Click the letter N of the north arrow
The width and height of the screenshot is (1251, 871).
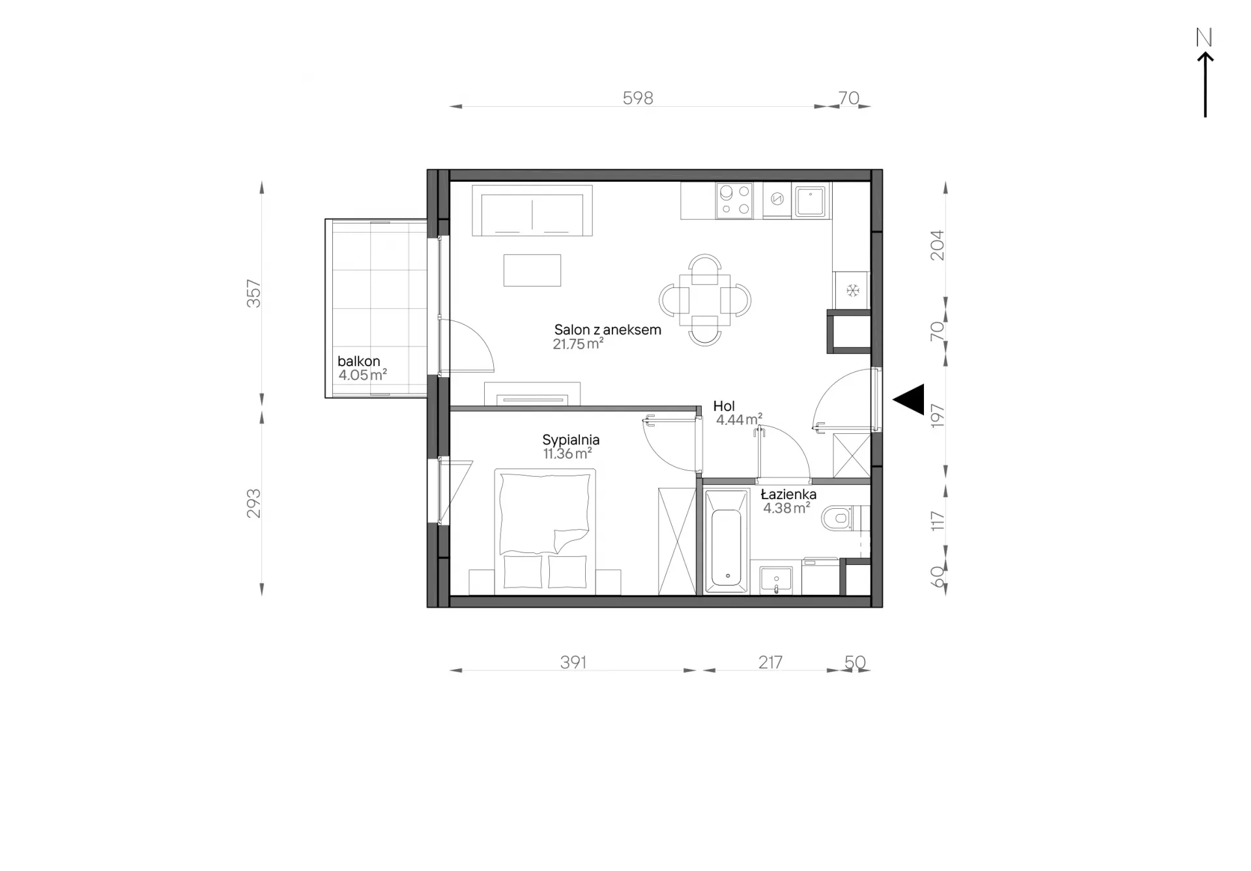[1204, 38]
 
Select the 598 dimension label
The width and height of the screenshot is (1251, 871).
[638, 98]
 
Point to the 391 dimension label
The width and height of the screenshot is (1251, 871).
[573, 662]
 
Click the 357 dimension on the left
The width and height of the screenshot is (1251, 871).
[253, 294]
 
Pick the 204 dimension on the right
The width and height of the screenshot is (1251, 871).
[936, 246]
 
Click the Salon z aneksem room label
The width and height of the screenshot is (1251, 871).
[607, 330]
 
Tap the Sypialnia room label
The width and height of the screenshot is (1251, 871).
[571, 440]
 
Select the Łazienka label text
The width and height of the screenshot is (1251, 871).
[788, 494]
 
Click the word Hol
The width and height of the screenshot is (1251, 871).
[724, 406]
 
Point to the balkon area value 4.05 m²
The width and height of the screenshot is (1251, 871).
[362, 375]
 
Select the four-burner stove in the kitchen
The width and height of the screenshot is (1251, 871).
[734, 201]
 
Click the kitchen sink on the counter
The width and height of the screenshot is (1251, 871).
[810, 201]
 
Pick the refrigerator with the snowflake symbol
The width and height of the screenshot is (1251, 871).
[851, 290]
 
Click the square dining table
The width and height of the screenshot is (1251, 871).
[705, 300]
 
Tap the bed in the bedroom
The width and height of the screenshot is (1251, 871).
[545, 532]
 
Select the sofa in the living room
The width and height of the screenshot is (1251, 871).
[532, 210]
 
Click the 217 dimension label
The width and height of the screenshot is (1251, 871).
[770, 662]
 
